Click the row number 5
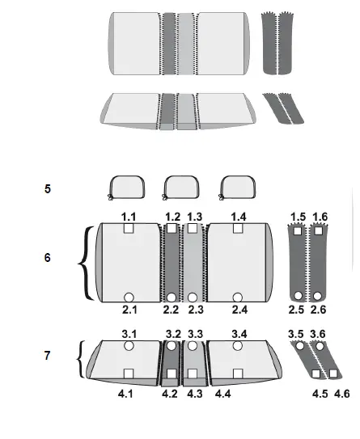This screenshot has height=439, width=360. click(48, 188)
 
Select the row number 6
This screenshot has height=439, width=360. click(48, 257)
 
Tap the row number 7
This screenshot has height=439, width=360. click(48, 355)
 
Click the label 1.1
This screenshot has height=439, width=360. click(129, 217)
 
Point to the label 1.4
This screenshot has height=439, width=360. click(238, 217)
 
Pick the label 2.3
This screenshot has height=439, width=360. click(196, 310)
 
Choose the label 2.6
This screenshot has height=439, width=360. click(320, 310)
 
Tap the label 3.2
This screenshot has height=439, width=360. click(173, 333)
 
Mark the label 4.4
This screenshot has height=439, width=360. click(223, 394)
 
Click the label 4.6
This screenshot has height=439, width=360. click(342, 394)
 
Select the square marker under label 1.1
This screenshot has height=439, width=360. click(129, 230)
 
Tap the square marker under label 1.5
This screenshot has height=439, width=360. click(298, 231)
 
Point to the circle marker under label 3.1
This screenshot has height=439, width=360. click(129, 346)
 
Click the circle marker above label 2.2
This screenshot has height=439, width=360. click(172, 298)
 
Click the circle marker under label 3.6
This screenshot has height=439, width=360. click(318, 346)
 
